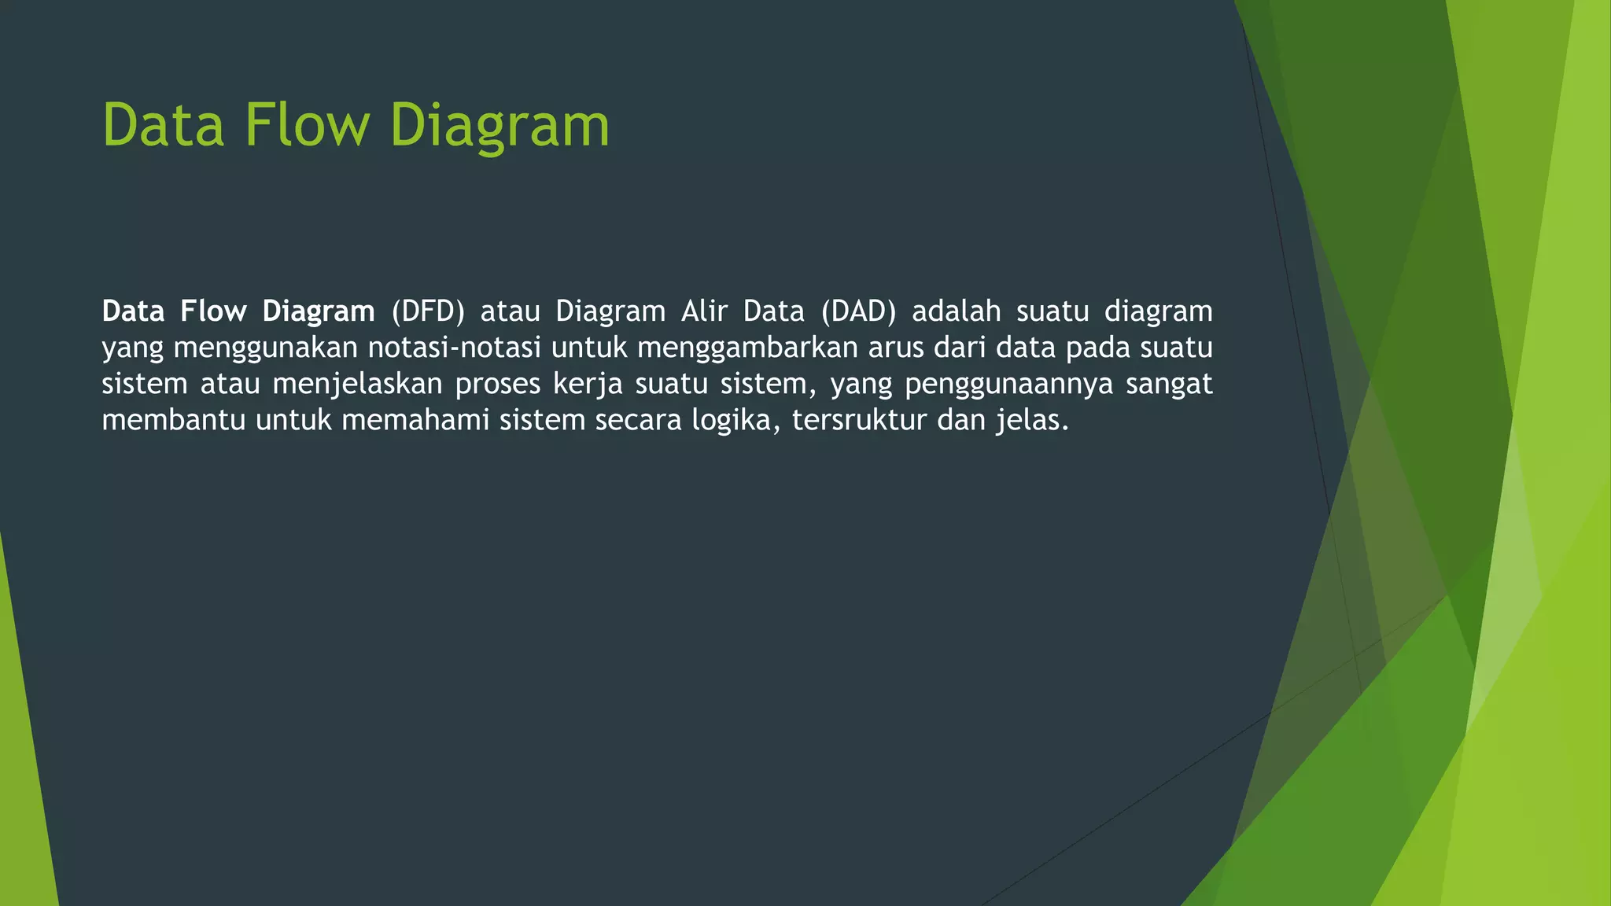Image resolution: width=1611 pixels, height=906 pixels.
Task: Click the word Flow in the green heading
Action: click(307, 125)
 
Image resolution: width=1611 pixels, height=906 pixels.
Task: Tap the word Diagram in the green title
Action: click(500, 125)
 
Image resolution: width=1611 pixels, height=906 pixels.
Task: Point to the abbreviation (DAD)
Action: click(858, 311)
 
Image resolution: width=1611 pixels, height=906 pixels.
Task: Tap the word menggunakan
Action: click(266, 348)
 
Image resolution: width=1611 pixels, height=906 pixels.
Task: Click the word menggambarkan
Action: click(747, 348)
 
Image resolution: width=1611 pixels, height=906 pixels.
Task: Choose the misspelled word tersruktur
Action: click(860, 420)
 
